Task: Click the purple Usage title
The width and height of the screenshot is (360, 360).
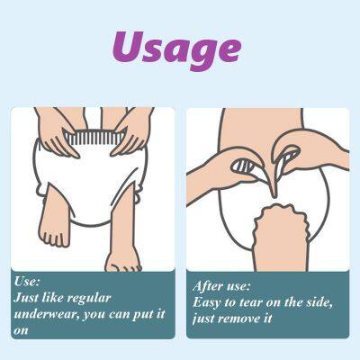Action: pos(177,48)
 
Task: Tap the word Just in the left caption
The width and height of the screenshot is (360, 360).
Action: pos(32,297)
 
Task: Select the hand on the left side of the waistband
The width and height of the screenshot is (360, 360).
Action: pos(56,135)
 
